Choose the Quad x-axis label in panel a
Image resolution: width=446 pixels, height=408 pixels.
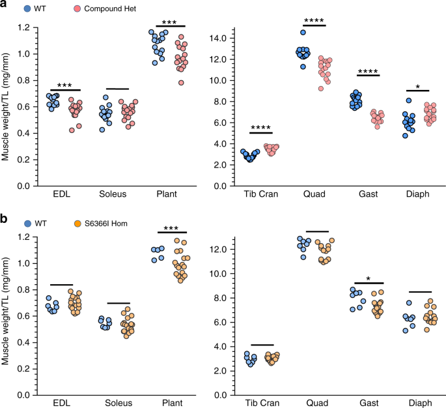coord(314,195)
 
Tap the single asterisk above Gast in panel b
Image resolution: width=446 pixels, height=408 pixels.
coord(369,278)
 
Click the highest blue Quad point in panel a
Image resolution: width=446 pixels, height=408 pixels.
coord(303,32)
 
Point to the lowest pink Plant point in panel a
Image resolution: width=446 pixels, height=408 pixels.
coord(172,82)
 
